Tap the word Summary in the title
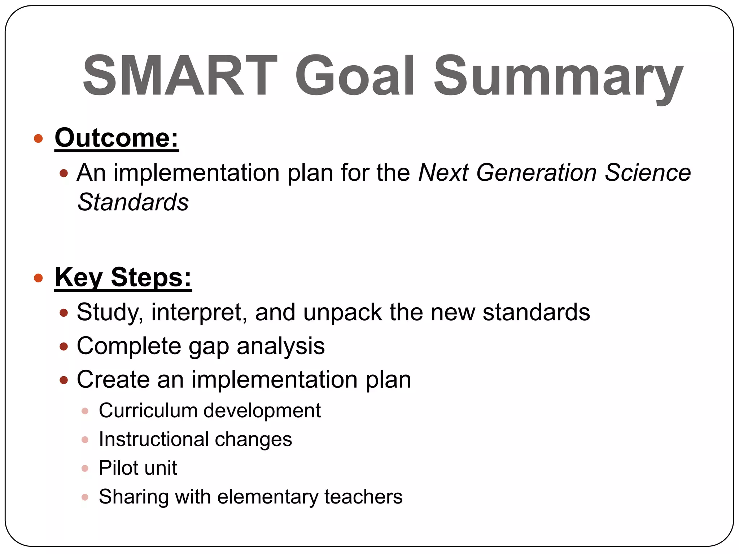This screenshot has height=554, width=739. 558,77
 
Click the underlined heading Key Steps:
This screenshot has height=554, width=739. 123,277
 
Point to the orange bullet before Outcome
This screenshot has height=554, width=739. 38,138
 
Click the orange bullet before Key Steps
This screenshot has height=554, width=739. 38,278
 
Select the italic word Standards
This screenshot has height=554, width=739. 133,202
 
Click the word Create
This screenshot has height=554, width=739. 113,379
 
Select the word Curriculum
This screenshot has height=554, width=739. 148,411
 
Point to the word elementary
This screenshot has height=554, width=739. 268,497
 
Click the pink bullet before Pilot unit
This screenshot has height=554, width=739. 85,469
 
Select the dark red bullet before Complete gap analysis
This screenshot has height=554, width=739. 64,347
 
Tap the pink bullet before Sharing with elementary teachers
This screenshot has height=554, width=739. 85,497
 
